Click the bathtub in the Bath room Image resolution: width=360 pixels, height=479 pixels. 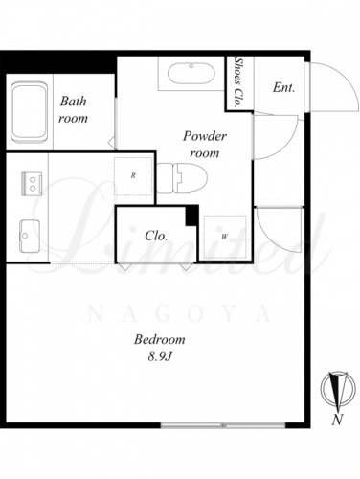30,112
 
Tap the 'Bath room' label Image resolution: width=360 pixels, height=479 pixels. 73,109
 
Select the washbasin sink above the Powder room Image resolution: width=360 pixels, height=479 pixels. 191,74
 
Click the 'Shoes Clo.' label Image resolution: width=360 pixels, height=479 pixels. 237,81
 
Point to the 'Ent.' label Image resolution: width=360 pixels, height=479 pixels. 283,87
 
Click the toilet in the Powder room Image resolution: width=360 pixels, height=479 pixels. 182,178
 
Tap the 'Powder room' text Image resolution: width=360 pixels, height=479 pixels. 205,145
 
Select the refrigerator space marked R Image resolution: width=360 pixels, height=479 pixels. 133,176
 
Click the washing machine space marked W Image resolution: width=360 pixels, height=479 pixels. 225,237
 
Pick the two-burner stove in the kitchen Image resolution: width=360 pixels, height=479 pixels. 32,184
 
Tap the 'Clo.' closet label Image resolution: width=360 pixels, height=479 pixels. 156,236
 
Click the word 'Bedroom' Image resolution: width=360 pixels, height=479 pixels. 159,339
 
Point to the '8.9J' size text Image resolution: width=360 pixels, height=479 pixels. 160,356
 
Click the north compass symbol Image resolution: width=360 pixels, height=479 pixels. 338,390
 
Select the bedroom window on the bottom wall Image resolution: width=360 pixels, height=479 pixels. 223,425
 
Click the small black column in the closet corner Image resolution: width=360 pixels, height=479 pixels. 191,217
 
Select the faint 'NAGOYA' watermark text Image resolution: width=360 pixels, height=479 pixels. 179,313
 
